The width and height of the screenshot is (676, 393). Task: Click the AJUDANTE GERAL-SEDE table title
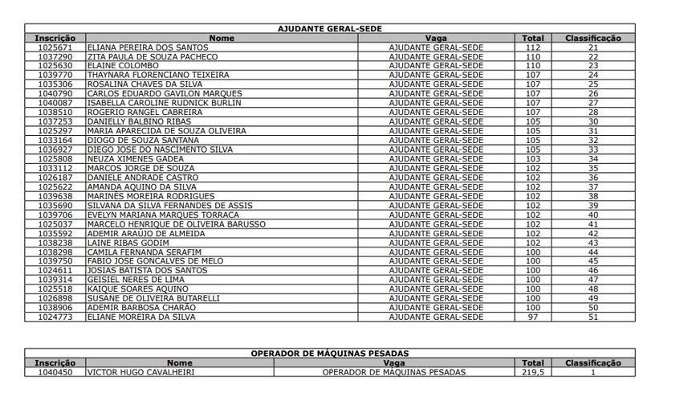click(x=329, y=28)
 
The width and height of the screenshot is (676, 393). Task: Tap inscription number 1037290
click(x=55, y=57)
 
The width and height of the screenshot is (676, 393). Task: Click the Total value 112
click(x=532, y=47)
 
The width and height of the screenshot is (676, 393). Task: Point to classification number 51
click(x=593, y=317)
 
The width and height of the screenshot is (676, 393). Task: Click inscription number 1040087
click(x=55, y=102)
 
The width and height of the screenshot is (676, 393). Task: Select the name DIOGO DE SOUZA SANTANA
click(x=132, y=139)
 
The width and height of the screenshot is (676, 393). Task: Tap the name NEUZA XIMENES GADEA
click(x=128, y=158)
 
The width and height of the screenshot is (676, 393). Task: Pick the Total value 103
click(x=532, y=158)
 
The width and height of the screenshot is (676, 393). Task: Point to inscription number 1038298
click(x=55, y=252)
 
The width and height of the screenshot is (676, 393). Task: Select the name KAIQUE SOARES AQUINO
click(x=133, y=289)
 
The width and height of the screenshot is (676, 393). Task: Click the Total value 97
click(x=532, y=317)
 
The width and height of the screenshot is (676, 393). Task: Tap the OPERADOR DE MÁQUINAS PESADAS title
click(x=329, y=353)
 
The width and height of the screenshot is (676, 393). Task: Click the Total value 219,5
click(x=532, y=372)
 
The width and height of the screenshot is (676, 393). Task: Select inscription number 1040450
click(x=55, y=372)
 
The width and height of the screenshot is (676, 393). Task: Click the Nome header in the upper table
click(x=222, y=38)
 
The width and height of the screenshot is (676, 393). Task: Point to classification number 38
click(x=593, y=195)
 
